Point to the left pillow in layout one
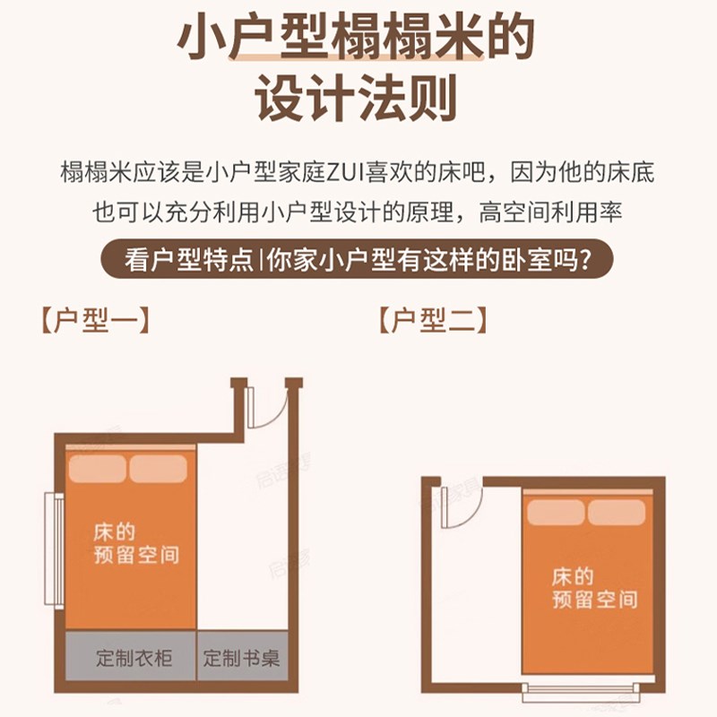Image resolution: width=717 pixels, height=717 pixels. (x=99, y=469)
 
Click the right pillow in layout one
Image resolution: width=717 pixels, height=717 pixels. (x=159, y=469)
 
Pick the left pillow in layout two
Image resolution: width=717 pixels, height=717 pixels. (x=556, y=513)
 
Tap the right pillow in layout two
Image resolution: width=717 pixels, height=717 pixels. (x=617, y=513)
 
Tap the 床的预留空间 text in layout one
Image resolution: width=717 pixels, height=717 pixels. (x=135, y=542)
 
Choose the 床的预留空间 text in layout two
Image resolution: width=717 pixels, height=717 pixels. (x=594, y=587)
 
